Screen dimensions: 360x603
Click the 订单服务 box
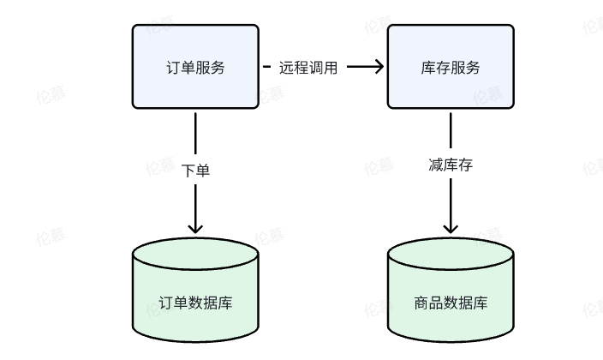click(x=195, y=67)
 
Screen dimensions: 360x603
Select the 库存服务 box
click(x=451, y=67)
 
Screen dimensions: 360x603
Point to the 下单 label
click(x=195, y=170)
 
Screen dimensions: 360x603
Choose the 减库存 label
click(x=451, y=165)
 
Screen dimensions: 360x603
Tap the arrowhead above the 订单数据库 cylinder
click(x=195, y=228)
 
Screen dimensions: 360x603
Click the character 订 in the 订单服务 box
click(x=172, y=68)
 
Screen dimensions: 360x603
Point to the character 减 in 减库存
click(x=435, y=165)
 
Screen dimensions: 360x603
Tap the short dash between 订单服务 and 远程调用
click(x=266, y=68)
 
